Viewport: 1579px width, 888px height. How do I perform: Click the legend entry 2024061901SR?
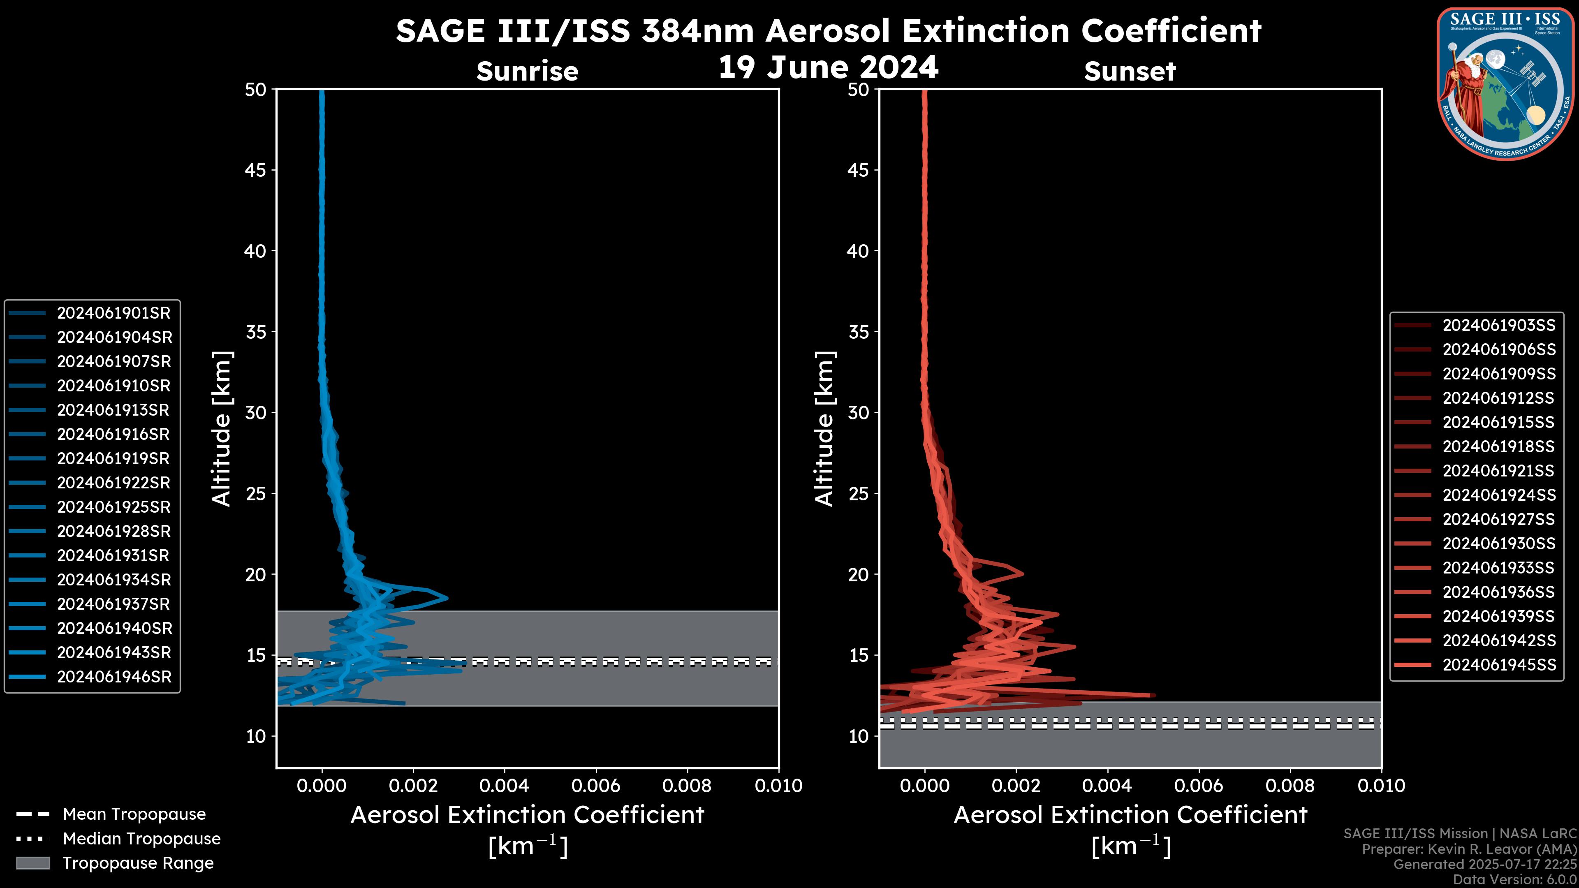click(x=113, y=313)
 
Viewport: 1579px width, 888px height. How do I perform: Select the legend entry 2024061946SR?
click(x=113, y=677)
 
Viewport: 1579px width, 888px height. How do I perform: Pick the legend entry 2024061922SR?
click(x=113, y=483)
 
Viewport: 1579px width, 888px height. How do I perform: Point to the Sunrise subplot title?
click(x=527, y=71)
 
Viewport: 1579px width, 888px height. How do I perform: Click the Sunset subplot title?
click(x=1130, y=71)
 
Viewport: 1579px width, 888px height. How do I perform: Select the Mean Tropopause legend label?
click(x=134, y=814)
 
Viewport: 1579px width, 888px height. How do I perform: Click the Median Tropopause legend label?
click(x=141, y=839)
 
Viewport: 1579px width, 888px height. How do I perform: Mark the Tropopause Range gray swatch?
click(x=32, y=863)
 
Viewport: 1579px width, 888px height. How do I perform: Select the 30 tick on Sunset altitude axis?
click(x=858, y=413)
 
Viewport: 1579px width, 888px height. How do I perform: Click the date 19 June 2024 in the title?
click(x=828, y=67)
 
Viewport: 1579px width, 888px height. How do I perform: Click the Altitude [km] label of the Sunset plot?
click(x=824, y=429)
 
